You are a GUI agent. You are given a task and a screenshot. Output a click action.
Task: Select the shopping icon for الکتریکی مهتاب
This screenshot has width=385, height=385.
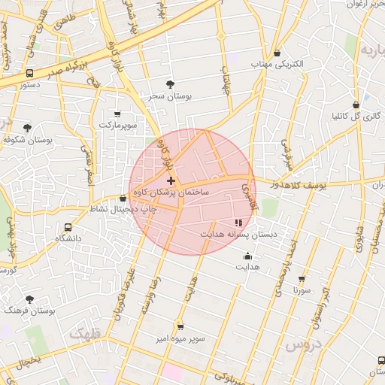coord(279,53)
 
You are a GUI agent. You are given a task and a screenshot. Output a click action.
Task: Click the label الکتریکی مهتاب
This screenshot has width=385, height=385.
coord(279,65)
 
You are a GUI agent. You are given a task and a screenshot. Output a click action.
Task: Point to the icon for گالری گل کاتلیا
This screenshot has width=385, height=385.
coord(356,105)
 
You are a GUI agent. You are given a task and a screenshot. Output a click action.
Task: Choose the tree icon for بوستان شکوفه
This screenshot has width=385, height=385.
coord(28,128)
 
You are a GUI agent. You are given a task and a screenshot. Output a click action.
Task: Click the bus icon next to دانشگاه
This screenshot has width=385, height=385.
coord(68,226)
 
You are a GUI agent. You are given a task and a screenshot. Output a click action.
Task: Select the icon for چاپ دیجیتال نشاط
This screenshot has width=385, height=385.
coord(123,199)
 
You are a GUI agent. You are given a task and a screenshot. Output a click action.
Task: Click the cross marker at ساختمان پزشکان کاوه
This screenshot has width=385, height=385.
coord(171,180)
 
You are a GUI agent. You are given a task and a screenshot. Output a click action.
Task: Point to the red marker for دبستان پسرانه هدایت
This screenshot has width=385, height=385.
coord(238,223)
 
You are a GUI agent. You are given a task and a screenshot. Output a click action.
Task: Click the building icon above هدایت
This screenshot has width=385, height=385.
coord(248,256)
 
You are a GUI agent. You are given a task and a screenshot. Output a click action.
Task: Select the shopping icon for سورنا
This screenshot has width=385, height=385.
coord(302,278)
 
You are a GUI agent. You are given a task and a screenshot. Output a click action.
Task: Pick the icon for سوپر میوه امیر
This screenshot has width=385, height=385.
coord(180,327)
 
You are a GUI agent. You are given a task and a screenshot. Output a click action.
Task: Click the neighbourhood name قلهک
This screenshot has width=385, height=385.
coord(81,332)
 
